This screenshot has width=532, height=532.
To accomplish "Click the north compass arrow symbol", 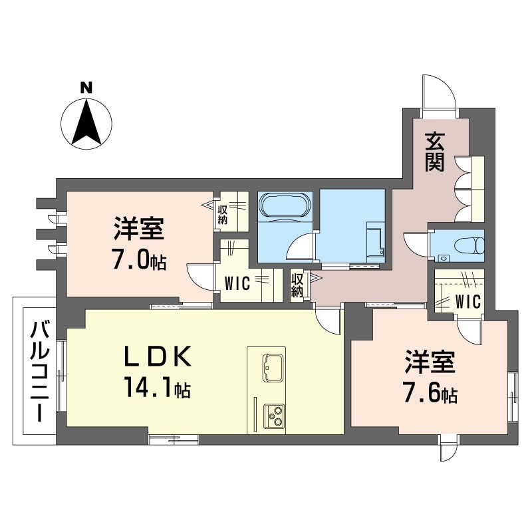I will (x=86, y=122).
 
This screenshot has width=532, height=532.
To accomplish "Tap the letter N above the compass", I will (x=86, y=87).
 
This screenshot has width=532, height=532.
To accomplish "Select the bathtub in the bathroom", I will (x=284, y=205).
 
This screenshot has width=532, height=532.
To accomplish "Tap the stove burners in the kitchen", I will (x=272, y=415).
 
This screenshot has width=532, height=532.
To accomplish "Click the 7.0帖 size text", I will (x=138, y=260).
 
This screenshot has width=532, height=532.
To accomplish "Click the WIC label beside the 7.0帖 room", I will (x=237, y=285).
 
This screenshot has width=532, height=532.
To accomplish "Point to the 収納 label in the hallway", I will (x=297, y=285).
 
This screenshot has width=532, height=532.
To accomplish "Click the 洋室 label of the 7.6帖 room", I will (x=430, y=365).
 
